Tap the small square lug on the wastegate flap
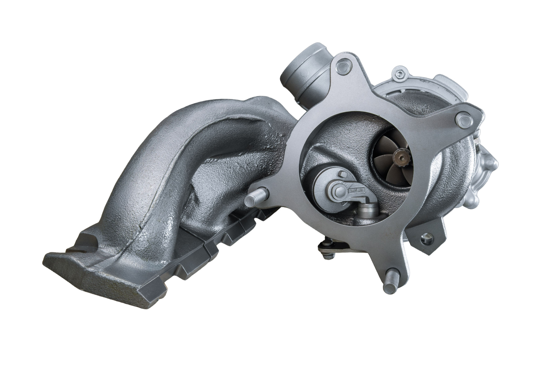(x=342, y=176)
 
